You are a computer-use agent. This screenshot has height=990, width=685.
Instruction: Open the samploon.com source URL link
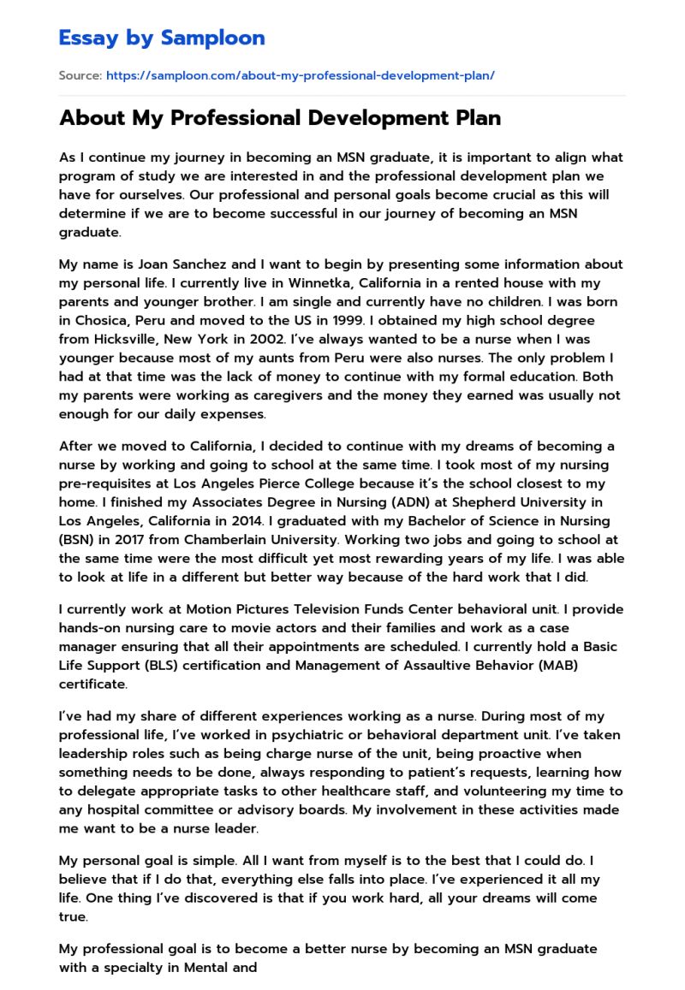(x=300, y=75)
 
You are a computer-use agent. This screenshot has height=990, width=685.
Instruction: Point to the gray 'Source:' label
(x=80, y=75)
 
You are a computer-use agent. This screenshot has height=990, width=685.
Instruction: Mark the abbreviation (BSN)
(x=79, y=541)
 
